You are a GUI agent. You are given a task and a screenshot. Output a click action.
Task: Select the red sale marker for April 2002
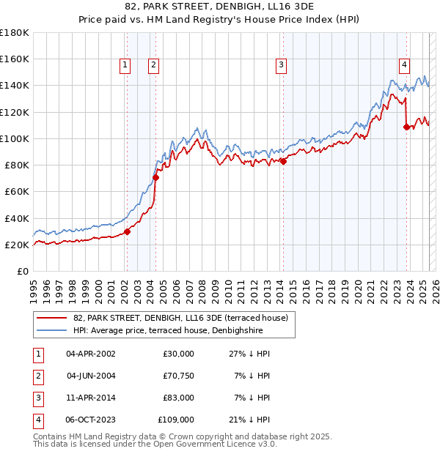click(127, 231)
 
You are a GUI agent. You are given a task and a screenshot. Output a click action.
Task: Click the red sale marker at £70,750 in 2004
click(155, 177)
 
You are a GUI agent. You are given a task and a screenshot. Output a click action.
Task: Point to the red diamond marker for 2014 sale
click(283, 162)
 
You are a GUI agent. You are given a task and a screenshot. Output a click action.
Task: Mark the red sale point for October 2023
click(406, 127)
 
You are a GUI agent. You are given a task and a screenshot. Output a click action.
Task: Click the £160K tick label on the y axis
click(15, 59)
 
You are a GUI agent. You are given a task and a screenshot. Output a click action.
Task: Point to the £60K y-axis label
click(16, 192)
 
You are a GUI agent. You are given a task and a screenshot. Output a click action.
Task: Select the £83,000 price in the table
click(176, 398)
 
